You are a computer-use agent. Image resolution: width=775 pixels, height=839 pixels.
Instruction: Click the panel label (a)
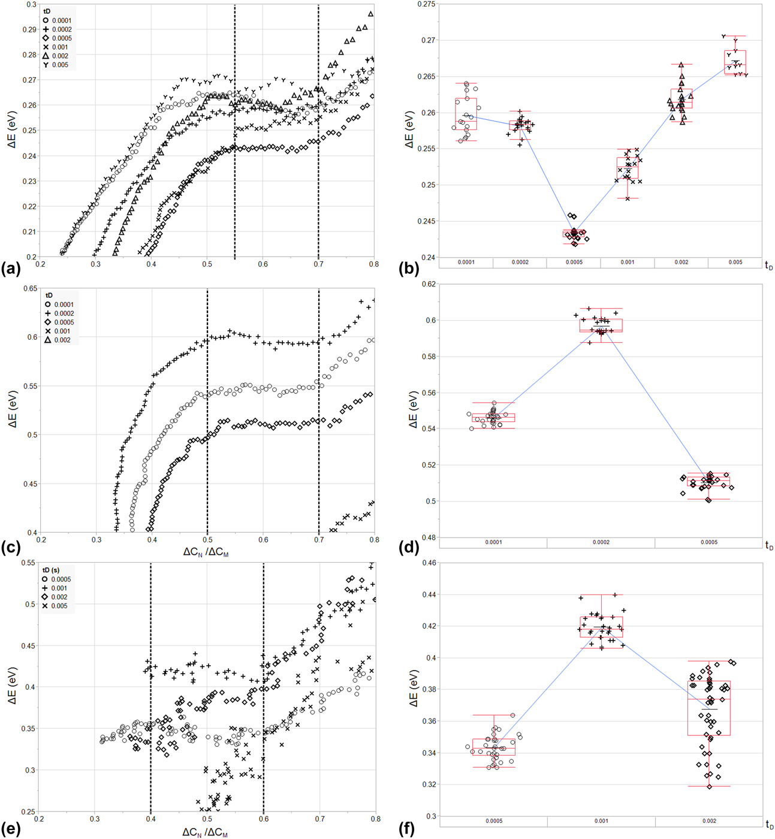[11, 269]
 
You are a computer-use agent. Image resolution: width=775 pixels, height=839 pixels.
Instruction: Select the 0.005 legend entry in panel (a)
[60, 65]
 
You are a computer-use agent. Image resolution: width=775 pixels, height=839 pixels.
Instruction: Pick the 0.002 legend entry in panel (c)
[62, 340]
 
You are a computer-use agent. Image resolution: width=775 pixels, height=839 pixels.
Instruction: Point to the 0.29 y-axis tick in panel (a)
[29, 29]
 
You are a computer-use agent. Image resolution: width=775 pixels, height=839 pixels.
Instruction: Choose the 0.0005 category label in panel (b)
[574, 262]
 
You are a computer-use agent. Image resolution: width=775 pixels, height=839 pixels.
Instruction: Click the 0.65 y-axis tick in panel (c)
[29, 288]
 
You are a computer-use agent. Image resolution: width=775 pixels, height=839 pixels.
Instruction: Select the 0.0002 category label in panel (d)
[601, 542]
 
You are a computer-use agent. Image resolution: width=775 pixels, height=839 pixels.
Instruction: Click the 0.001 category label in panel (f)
[601, 821]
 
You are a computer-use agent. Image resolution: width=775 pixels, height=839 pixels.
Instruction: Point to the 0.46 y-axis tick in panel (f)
[428, 563]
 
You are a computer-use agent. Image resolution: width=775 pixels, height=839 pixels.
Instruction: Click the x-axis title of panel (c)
[206, 553]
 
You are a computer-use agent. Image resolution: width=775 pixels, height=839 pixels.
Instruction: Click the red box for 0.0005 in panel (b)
[574, 233]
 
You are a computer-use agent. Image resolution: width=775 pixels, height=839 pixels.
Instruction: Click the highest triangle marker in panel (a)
[370, 14]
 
